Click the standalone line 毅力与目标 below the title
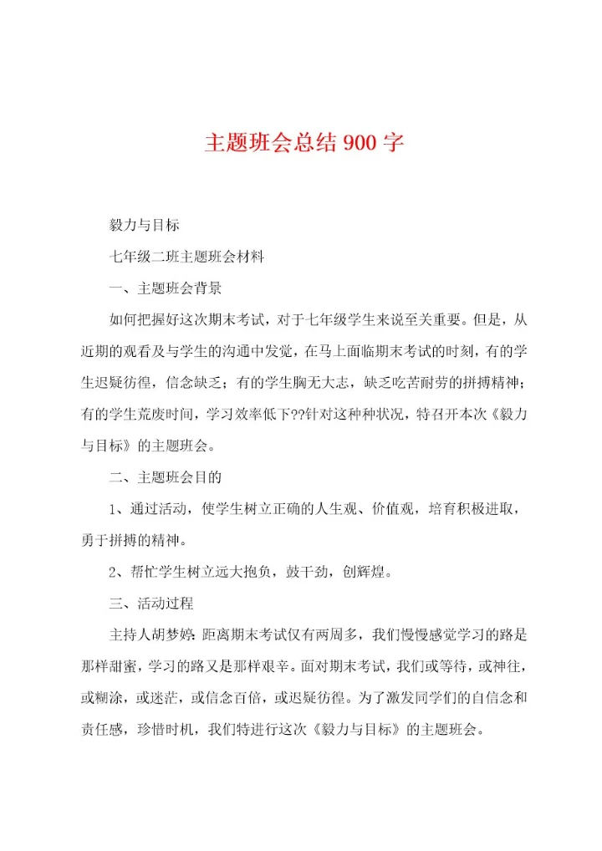pyautogui.click(x=144, y=226)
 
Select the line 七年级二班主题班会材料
pyautogui.click(x=187, y=257)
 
